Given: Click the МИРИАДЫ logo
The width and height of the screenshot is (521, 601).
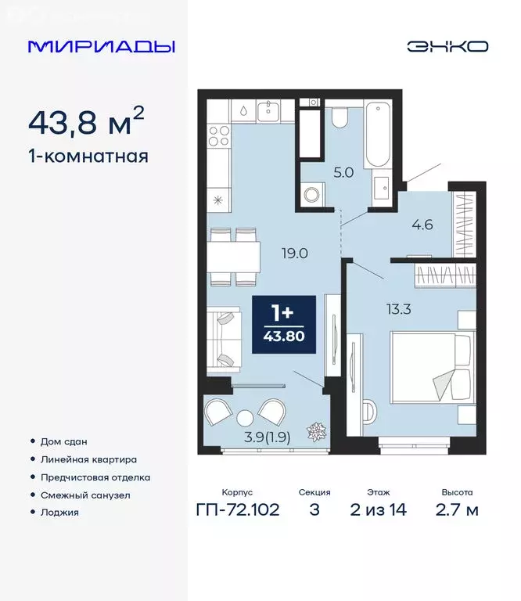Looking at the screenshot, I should tap(101, 46).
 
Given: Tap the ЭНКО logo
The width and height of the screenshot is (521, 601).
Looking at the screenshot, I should tap(447, 46).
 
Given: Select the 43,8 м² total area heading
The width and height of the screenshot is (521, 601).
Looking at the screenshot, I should tap(86, 122).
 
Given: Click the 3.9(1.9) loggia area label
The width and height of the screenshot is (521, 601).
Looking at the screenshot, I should tap(265, 438).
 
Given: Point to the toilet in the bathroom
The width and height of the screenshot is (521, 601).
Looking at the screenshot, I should tap(340, 117).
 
